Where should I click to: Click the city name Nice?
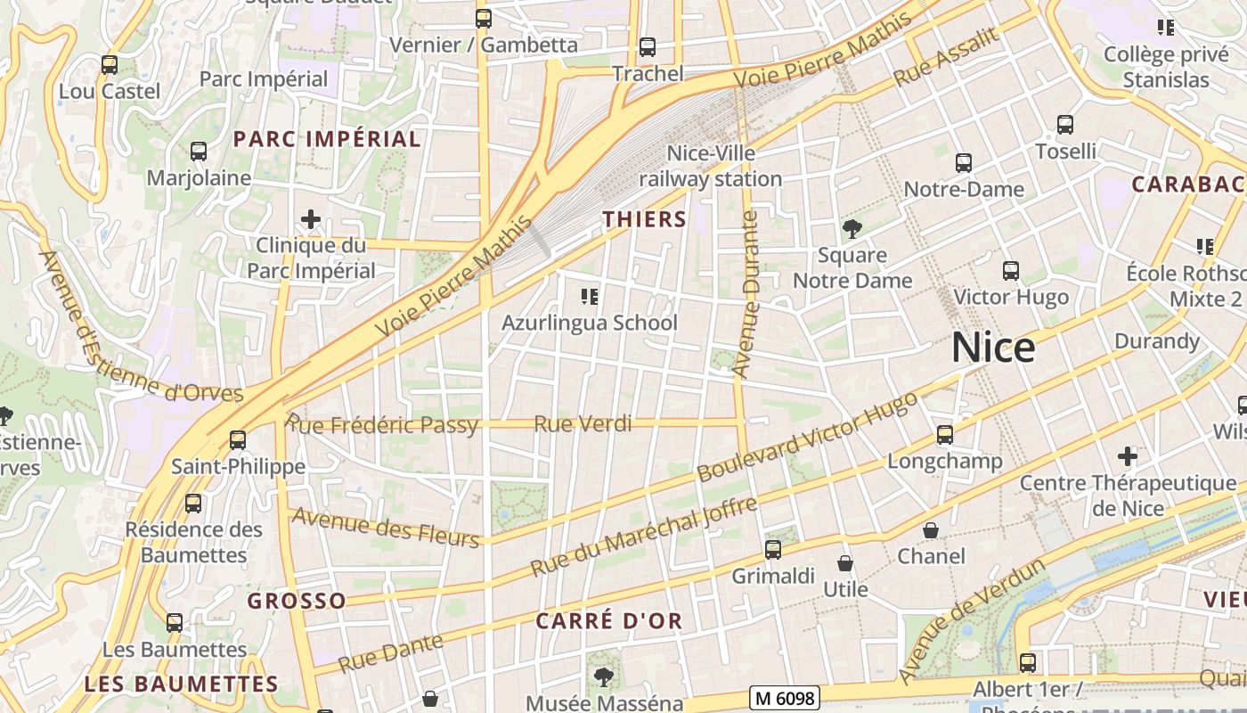(993, 347)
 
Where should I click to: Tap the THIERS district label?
(644, 219)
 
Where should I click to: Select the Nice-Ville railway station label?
(710, 166)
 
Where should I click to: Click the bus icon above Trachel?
(648, 47)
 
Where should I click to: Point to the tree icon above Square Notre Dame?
(852, 229)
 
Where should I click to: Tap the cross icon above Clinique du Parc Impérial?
(310, 218)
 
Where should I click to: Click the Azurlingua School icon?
(589, 296)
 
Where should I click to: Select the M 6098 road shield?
(784, 698)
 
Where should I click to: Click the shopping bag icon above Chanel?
(931, 530)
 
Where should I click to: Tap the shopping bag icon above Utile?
(845, 563)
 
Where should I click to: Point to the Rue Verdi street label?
(583, 423)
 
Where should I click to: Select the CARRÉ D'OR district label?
(609, 621)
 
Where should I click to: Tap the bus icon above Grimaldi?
(773, 550)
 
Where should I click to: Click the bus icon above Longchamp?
(945, 435)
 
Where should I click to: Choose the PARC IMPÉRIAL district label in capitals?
(327, 139)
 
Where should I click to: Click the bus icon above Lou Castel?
(110, 65)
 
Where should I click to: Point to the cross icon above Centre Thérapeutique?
(1128, 457)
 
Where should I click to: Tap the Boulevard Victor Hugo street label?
(807, 437)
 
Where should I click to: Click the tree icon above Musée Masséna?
(603, 676)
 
